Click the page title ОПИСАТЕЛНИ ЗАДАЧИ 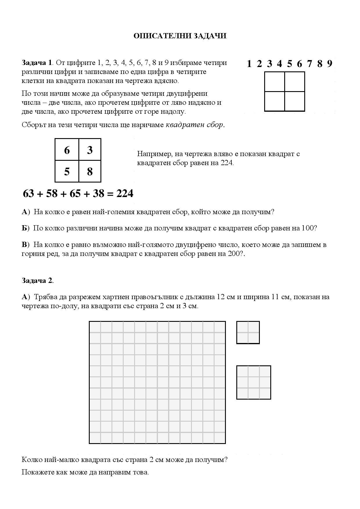[180, 36]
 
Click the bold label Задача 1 [37, 63]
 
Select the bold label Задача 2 [37, 281]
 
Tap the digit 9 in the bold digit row [330, 64]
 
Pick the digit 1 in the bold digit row [249, 64]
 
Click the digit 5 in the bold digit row [289, 64]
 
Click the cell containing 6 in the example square [67, 150]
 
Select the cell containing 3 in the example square [90, 150]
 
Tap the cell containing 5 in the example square [67, 172]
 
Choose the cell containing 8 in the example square [90, 172]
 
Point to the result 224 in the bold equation [125, 194]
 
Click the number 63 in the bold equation [28, 194]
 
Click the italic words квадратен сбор [195, 125]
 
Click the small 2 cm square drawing [248, 332]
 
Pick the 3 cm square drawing [253, 382]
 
